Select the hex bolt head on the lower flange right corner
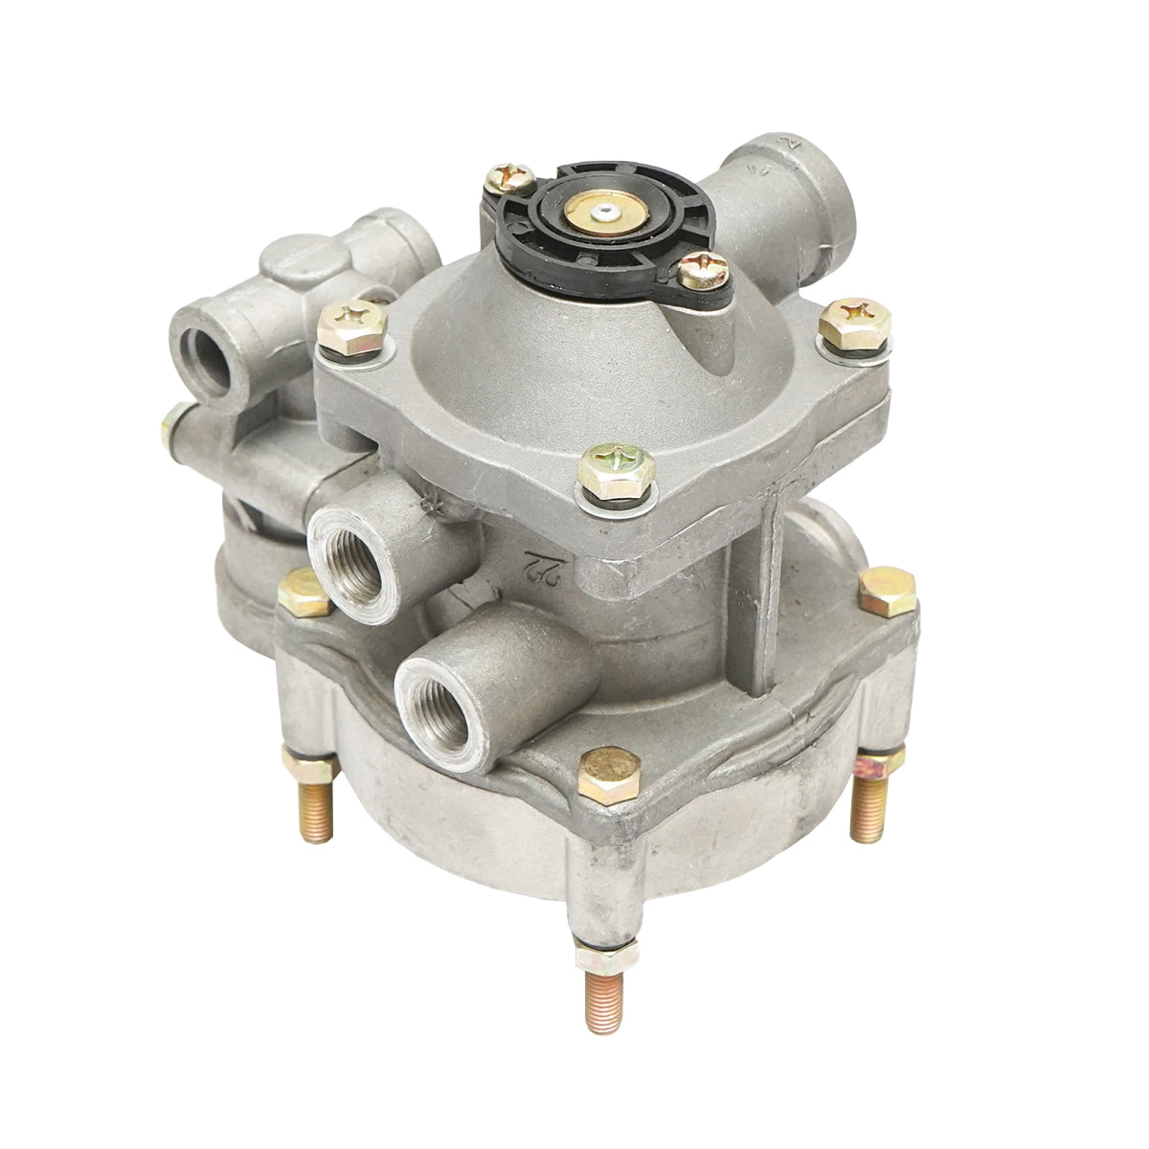888,590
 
